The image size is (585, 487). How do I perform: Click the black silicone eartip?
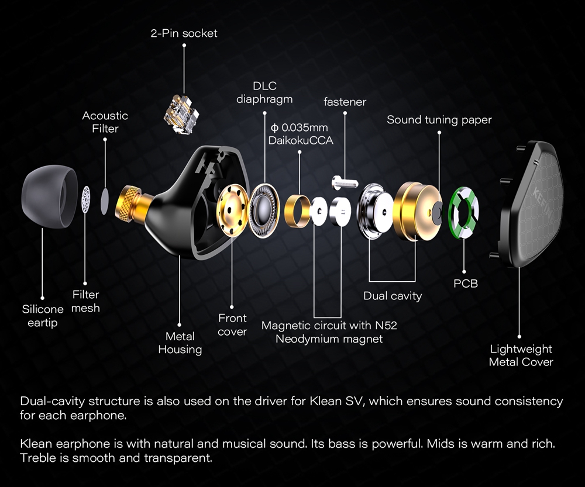49,196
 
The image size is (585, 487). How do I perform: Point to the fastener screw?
345,182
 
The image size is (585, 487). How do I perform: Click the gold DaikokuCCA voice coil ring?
297,210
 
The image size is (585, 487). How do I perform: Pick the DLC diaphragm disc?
264,210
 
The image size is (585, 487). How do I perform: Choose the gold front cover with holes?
232,210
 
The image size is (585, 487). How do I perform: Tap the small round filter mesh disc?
86,200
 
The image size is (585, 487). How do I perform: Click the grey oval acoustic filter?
105,201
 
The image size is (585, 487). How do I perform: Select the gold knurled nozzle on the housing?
129,203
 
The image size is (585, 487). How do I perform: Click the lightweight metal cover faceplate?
530,203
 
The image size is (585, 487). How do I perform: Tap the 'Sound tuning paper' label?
439,120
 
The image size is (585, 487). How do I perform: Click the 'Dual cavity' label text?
393,296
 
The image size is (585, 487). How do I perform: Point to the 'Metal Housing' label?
180,343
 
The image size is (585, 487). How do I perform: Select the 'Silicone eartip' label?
43,316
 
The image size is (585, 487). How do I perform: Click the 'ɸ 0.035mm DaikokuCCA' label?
301,134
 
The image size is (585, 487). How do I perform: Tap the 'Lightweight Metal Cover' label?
521,355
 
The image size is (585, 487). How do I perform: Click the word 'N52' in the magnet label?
386,326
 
